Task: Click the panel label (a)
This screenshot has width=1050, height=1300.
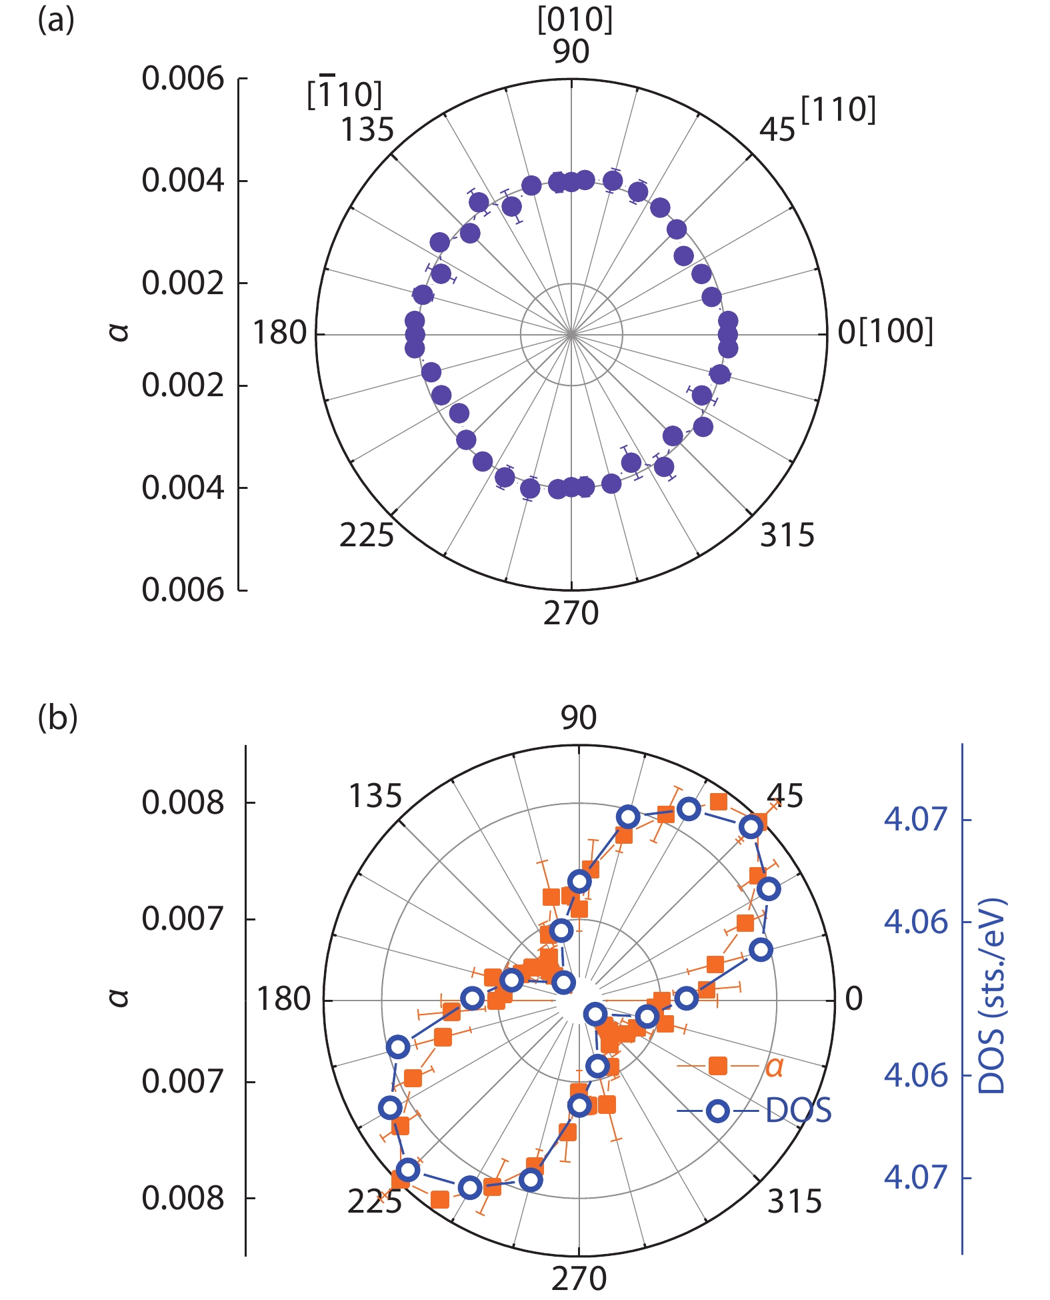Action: [x=56, y=21]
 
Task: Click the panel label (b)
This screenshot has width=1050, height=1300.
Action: [x=57, y=718]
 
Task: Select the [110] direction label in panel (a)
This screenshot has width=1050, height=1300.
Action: [x=838, y=109]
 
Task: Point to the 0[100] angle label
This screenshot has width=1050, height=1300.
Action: [x=885, y=332]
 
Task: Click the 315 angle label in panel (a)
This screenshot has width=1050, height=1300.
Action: [x=787, y=535]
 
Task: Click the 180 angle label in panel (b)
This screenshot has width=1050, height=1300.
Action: [x=284, y=999]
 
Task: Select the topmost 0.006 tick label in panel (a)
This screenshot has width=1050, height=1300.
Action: [x=183, y=79]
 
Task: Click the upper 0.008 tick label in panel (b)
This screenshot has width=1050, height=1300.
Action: [x=183, y=802]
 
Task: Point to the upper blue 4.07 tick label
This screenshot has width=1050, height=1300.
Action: [x=915, y=819]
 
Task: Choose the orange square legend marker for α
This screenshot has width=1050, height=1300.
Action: [x=717, y=1066]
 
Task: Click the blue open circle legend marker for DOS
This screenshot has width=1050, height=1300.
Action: [x=717, y=1111]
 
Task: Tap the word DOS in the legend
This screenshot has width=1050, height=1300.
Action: [x=799, y=1111]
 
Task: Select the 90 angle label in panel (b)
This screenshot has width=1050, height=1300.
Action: [x=578, y=718]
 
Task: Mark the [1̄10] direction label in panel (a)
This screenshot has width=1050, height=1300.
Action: [x=345, y=94]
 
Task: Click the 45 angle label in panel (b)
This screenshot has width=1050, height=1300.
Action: [x=785, y=796]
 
